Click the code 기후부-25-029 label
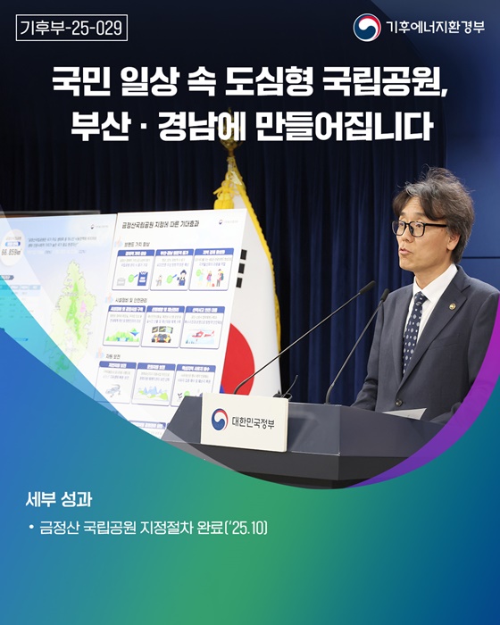pos(71,28)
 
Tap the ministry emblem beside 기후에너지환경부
pos(365,28)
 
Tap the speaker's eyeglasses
pos(418,228)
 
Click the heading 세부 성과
pos(60,496)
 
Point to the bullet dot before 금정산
pos(32,528)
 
